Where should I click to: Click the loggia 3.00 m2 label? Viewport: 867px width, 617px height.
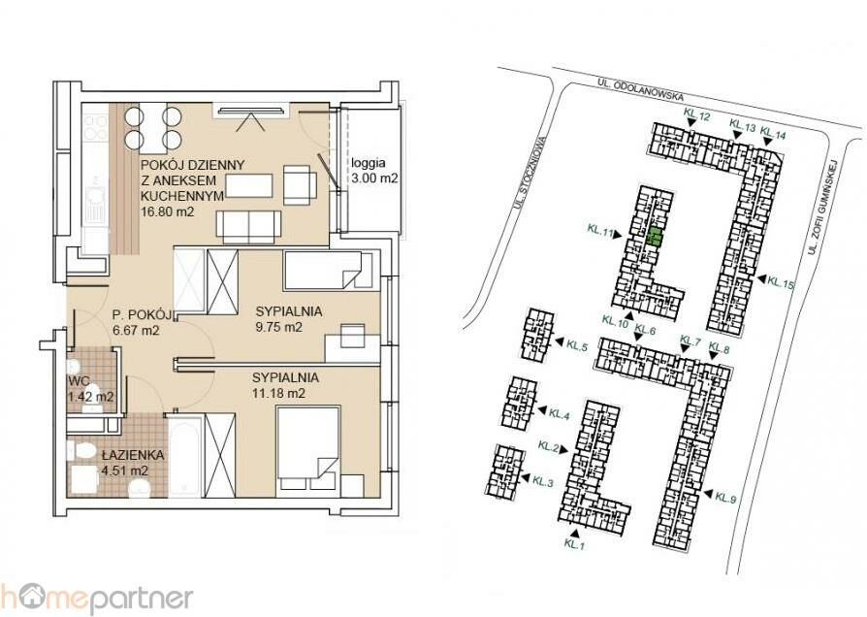(375, 171)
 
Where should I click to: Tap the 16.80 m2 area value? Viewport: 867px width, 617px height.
(168, 211)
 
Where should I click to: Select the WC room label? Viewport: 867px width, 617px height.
(76, 380)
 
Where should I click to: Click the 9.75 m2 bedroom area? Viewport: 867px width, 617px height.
(278, 327)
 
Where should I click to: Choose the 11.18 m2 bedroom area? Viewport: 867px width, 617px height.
(278, 394)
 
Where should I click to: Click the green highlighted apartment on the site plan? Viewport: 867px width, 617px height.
(654, 237)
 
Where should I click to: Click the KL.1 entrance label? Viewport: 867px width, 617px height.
(574, 544)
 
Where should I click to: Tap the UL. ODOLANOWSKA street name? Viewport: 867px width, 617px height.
(640, 88)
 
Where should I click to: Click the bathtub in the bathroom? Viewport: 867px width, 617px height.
(184, 457)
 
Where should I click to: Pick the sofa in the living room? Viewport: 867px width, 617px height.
(249, 227)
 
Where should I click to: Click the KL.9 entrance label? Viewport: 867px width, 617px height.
(725, 498)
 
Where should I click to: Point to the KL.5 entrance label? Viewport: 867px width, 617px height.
(576, 344)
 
